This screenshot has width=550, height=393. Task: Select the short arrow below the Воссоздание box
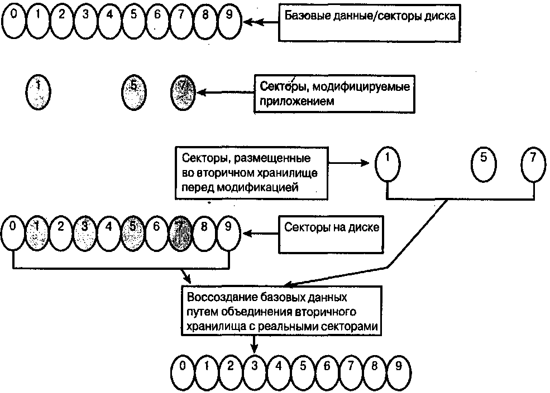pos(255,346)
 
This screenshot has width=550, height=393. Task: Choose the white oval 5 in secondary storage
pos(484,164)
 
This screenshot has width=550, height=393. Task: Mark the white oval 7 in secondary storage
pos(533,164)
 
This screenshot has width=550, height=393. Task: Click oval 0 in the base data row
pos(14,20)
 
